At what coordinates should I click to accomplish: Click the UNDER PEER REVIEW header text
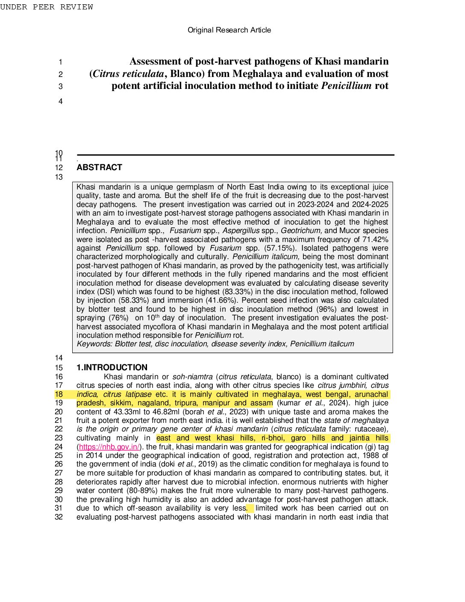coord(47,7)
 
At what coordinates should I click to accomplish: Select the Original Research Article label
coord(229,30)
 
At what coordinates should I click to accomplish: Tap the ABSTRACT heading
coord(99,168)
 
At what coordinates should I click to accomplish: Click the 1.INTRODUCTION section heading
coord(112,367)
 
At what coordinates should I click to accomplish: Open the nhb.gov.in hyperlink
coord(109,447)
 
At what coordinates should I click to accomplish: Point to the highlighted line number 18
coord(59,394)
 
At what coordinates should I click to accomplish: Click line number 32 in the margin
coord(59,517)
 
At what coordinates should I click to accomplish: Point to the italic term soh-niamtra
coord(192,377)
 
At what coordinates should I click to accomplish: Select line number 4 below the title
coord(60,101)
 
